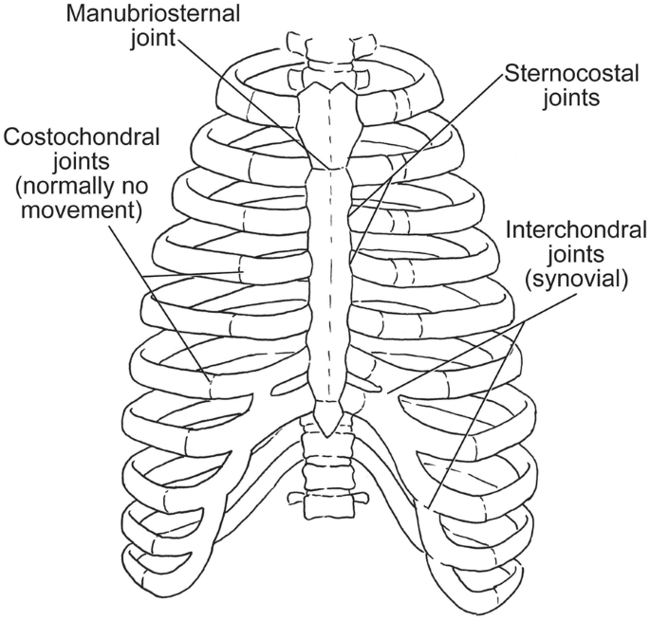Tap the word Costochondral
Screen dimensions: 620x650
pos(73,138)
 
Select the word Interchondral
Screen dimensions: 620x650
pos(577,230)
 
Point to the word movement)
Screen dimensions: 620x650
pos(74,209)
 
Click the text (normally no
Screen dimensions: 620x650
pos(74,185)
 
